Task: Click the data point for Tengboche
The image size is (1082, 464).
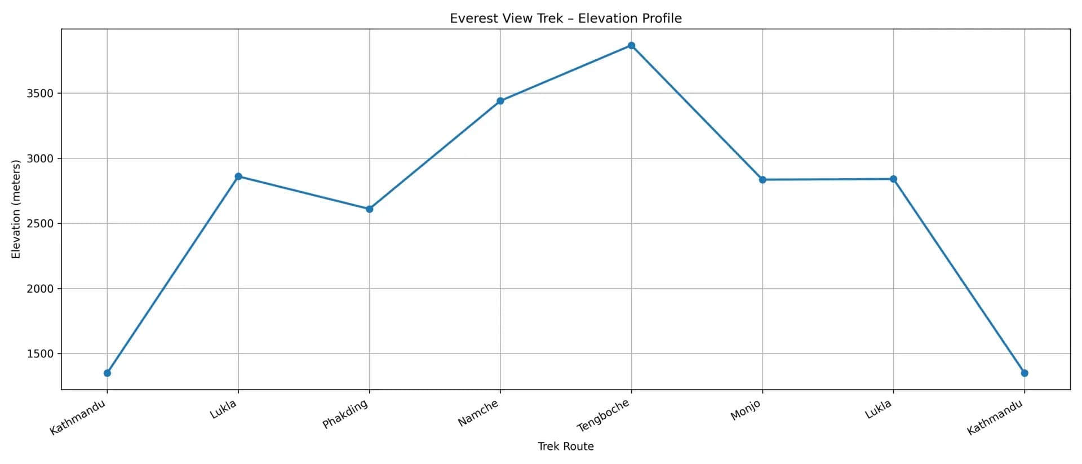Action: click(631, 46)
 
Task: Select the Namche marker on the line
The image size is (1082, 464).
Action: click(500, 101)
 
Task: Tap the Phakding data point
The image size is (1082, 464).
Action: click(369, 209)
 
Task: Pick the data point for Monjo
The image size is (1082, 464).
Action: click(762, 180)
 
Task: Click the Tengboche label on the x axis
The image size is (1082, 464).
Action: click(603, 416)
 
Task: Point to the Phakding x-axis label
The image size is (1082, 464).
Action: click(345, 414)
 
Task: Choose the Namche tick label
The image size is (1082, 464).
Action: click(478, 413)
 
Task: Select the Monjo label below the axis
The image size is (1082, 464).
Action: click(745, 410)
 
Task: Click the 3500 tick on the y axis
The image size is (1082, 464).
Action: click(40, 94)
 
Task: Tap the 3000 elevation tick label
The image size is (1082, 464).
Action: click(40, 158)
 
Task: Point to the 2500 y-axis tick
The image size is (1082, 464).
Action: click(40, 224)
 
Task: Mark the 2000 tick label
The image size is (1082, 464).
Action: click(40, 289)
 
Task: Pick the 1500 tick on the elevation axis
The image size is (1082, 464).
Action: click(40, 354)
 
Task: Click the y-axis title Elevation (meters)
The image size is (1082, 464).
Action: click(16, 209)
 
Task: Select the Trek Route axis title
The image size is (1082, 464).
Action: click(565, 447)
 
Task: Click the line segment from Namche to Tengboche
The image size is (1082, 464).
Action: click(566, 73)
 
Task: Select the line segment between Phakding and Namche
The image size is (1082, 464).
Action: click(434, 155)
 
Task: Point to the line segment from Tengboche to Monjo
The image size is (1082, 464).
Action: click(697, 113)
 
